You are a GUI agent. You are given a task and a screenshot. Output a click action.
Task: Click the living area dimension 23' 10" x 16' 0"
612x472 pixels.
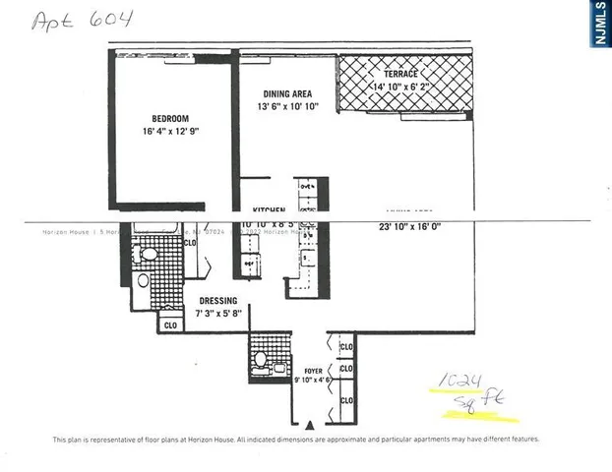click(x=409, y=227)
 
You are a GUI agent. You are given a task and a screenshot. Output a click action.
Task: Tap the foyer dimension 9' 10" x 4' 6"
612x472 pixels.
click(x=313, y=379)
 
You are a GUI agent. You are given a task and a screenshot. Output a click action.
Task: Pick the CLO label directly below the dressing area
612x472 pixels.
click(x=169, y=324)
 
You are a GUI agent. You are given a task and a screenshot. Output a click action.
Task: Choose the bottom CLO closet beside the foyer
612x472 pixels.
click(x=346, y=401)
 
